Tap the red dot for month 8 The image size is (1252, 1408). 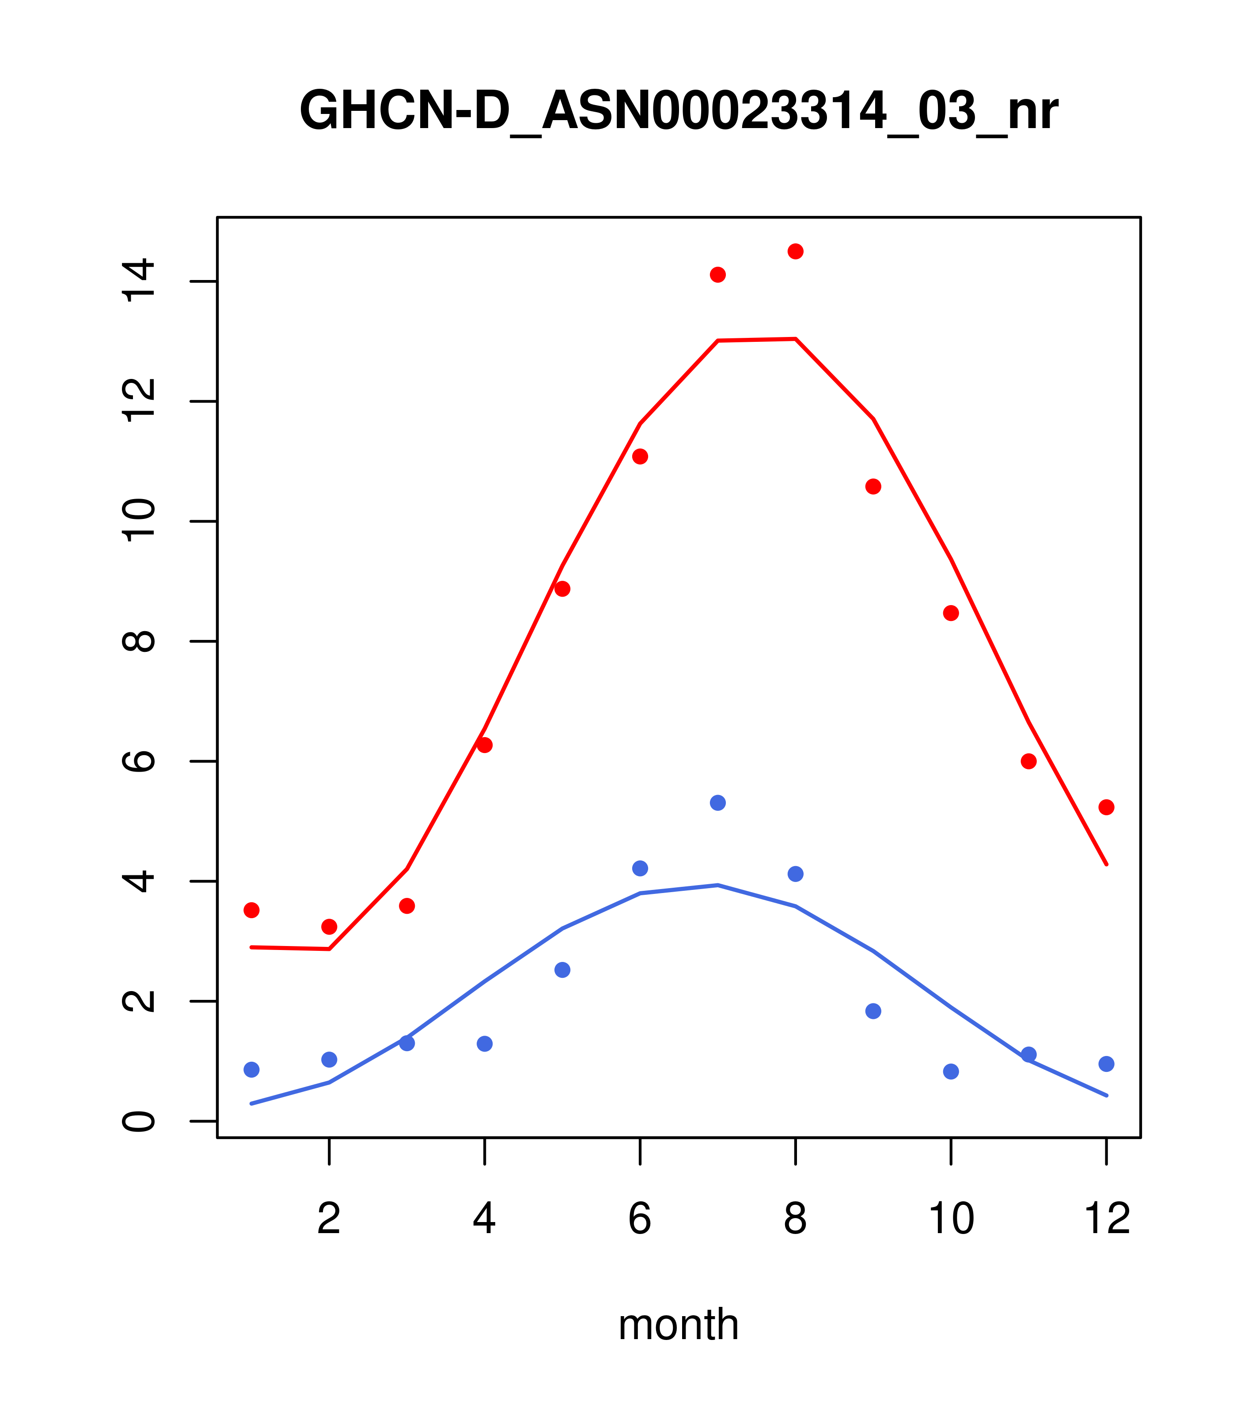pyautogui.click(x=795, y=251)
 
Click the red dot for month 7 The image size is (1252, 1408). pyautogui.click(x=717, y=275)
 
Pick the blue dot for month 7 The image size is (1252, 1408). pyautogui.click(x=717, y=803)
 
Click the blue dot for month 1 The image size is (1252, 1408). pyautogui.click(x=251, y=1070)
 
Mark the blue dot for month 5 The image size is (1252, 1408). pyautogui.click(x=562, y=970)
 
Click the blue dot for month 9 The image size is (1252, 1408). pyautogui.click(x=873, y=1011)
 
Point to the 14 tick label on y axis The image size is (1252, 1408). pyautogui.click(x=138, y=281)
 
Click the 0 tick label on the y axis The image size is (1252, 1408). pyautogui.click(x=138, y=1121)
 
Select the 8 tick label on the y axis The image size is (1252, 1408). pyautogui.click(x=138, y=641)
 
